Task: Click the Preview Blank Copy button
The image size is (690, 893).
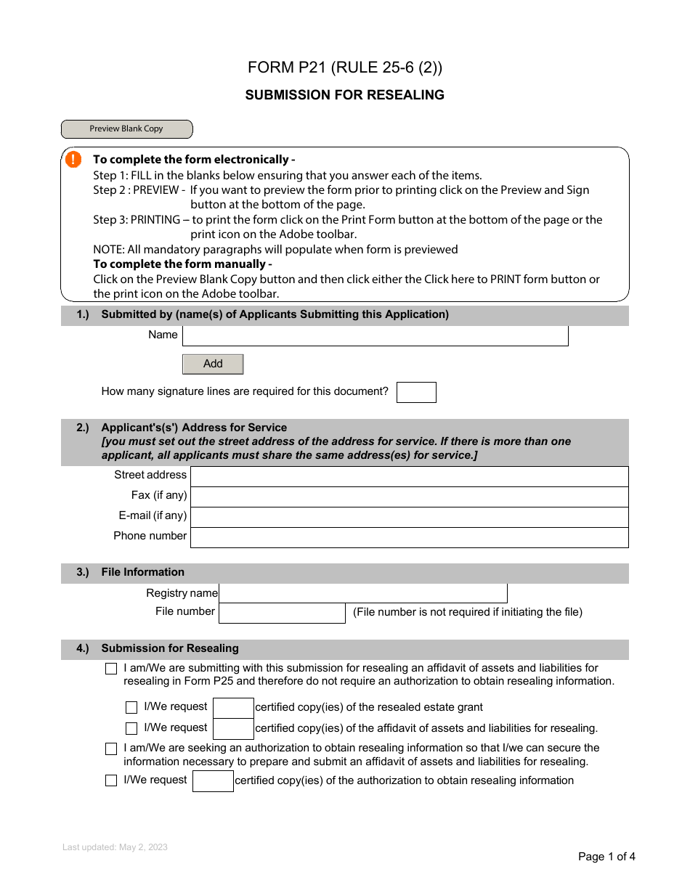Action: click(126, 129)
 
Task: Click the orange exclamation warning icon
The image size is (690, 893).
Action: click(73, 160)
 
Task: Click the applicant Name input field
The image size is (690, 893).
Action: click(375, 335)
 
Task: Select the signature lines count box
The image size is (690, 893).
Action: click(416, 392)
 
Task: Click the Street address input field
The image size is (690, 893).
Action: click(409, 476)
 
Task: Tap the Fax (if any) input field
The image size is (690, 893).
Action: click(409, 497)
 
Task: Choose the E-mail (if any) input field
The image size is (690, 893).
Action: click(409, 517)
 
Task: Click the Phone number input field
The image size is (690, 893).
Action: click(409, 537)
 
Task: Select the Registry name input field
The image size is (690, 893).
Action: click(362, 593)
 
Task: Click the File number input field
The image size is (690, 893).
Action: click(282, 613)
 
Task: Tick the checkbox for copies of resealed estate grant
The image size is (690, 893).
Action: click(131, 708)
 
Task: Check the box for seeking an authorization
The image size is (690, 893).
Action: click(111, 749)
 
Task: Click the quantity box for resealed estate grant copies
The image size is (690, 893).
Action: click(233, 708)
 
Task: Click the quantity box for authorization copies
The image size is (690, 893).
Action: click(213, 781)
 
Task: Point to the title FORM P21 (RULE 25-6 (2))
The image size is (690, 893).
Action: click(344, 68)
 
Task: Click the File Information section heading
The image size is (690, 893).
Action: click(142, 572)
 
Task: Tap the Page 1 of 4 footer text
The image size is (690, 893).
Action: click(606, 857)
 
